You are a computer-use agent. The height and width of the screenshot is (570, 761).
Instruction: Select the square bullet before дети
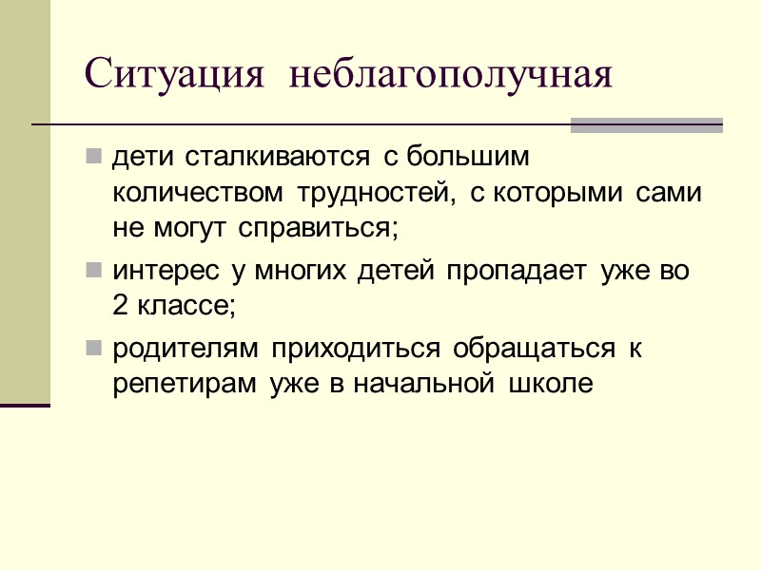coord(93,154)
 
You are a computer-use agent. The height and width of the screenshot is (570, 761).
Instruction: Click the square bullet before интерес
coord(93,271)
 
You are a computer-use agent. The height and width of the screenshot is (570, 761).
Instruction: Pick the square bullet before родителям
coord(93,349)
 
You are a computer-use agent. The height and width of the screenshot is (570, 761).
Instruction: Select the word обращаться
coord(534,350)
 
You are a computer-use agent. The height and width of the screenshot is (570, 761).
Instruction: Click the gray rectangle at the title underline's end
coord(646,124)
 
